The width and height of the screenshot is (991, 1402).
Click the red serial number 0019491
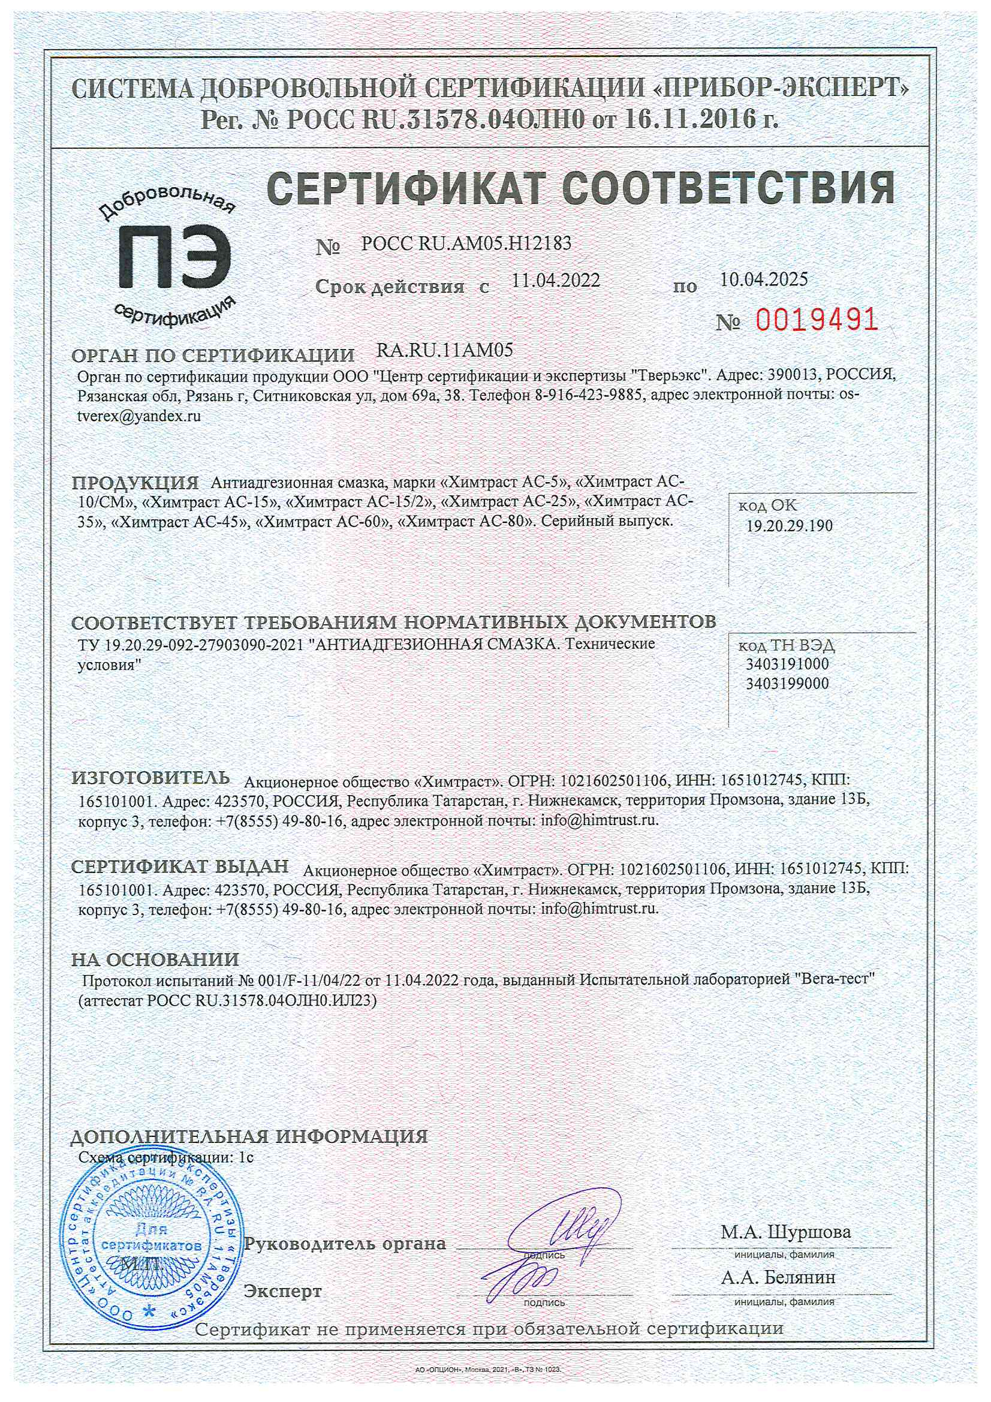[x=817, y=320]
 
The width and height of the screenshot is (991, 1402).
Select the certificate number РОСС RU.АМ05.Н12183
[x=466, y=243]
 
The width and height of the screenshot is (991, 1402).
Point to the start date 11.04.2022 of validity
[x=556, y=280]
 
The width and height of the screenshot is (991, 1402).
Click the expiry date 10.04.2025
[x=763, y=279]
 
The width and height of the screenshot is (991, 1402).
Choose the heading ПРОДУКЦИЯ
[x=135, y=483]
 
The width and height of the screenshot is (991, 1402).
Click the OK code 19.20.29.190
[x=790, y=526]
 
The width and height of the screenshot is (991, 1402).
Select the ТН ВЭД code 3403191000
[x=787, y=664]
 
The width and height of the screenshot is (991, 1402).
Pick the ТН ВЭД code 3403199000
[x=787, y=683]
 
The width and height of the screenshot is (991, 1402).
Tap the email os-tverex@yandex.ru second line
[x=139, y=417]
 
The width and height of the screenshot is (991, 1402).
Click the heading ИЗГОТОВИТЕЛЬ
[x=151, y=778]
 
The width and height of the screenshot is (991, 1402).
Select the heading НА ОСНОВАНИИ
[x=155, y=959]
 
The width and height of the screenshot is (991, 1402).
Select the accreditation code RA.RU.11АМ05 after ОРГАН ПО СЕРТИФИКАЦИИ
[x=444, y=350]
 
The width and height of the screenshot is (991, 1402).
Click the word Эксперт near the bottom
[x=282, y=1291]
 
